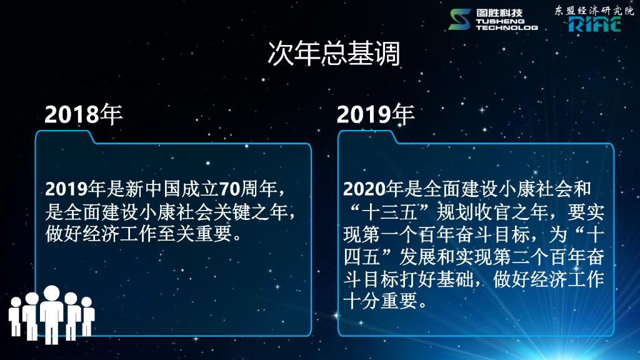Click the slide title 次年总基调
(x=334, y=54)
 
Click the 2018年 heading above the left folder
(x=83, y=114)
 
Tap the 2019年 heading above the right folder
(x=376, y=114)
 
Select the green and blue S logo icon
(x=459, y=19)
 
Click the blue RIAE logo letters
(x=595, y=24)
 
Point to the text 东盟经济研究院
(x=594, y=10)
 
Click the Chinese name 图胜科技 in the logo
(x=499, y=12)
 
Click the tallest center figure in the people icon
(x=52, y=314)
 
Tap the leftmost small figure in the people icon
(x=15, y=316)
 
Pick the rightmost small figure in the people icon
(x=87, y=316)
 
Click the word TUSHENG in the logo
(x=501, y=21)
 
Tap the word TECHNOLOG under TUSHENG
(x=507, y=27)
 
